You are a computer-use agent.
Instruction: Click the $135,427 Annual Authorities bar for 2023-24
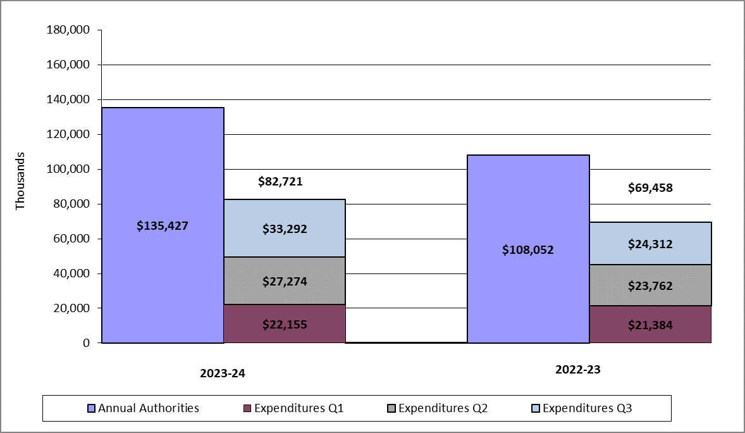click(163, 225)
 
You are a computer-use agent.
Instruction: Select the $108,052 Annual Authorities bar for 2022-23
click(528, 249)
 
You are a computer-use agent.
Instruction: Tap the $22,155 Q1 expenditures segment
click(285, 323)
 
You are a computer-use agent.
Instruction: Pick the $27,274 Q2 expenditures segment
click(285, 280)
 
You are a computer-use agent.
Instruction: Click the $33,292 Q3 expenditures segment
click(285, 229)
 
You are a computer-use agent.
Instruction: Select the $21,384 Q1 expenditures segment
click(650, 325)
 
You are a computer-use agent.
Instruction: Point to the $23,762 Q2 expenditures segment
click(650, 286)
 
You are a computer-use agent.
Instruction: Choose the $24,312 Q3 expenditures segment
click(650, 244)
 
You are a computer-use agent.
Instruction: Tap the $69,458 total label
click(650, 188)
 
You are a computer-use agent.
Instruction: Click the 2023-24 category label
click(222, 373)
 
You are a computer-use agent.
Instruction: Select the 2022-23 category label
click(577, 370)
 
